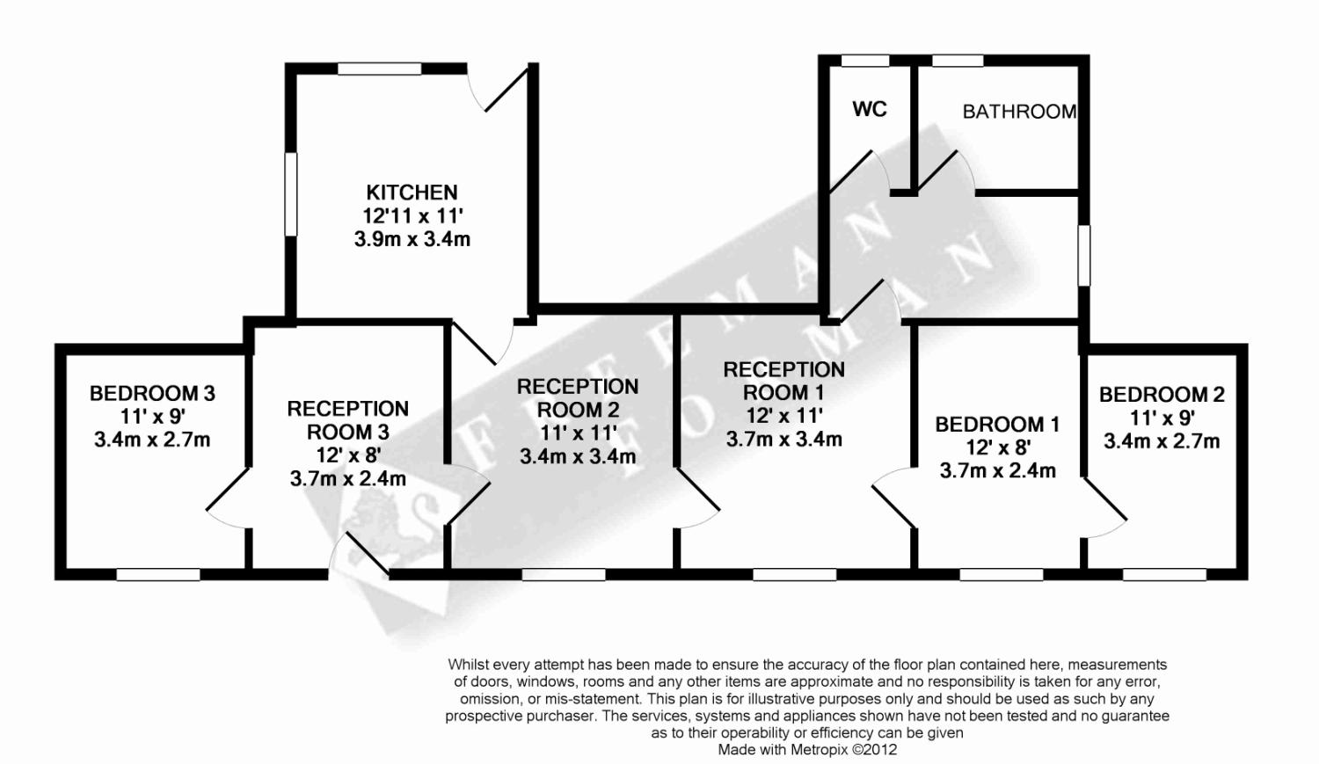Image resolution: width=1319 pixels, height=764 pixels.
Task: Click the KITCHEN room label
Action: (x=412, y=193)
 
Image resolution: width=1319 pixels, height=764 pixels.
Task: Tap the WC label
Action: (x=870, y=110)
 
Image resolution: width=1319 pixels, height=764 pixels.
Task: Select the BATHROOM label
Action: (x=1019, y=112)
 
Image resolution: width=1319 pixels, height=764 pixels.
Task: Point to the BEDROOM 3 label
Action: (x=152, y=393)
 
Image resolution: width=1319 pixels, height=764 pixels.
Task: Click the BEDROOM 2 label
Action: (x=1162, y=395)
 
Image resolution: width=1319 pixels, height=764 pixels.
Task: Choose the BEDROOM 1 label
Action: (x=997, y=425)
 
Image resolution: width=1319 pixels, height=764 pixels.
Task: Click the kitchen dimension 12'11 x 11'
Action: (x=412, y=215)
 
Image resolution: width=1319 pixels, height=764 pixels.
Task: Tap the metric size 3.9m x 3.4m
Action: (x=412, y=239)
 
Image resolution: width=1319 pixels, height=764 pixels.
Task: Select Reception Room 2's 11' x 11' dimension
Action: (x=578, y=433)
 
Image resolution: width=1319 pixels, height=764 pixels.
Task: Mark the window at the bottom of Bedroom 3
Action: (x=158, y=574)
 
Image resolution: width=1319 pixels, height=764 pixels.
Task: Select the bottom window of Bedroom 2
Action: (x=1164, y=574)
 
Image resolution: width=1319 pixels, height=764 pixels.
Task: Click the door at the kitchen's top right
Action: (x=502, y=89)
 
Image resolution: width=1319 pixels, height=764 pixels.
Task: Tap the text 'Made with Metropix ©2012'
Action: (x=806, y=750)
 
